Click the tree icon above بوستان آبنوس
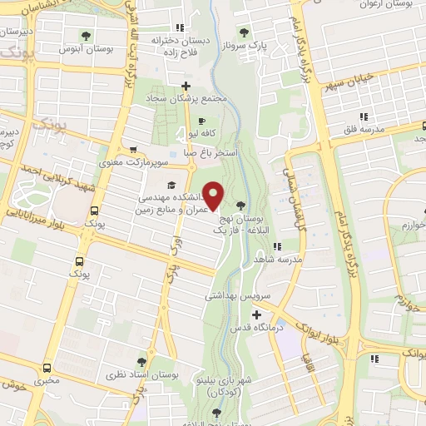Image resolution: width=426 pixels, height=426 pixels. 87,35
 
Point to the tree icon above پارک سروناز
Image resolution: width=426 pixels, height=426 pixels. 244,33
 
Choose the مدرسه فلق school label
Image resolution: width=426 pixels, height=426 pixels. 370,131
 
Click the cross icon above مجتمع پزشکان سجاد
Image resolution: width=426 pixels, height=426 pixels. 186,86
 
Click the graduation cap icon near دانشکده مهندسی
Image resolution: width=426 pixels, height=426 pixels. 171,185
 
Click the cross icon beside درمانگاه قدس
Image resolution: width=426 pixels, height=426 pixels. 256,315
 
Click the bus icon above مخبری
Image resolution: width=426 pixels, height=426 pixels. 47,366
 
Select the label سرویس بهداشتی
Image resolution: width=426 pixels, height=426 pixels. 235,295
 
